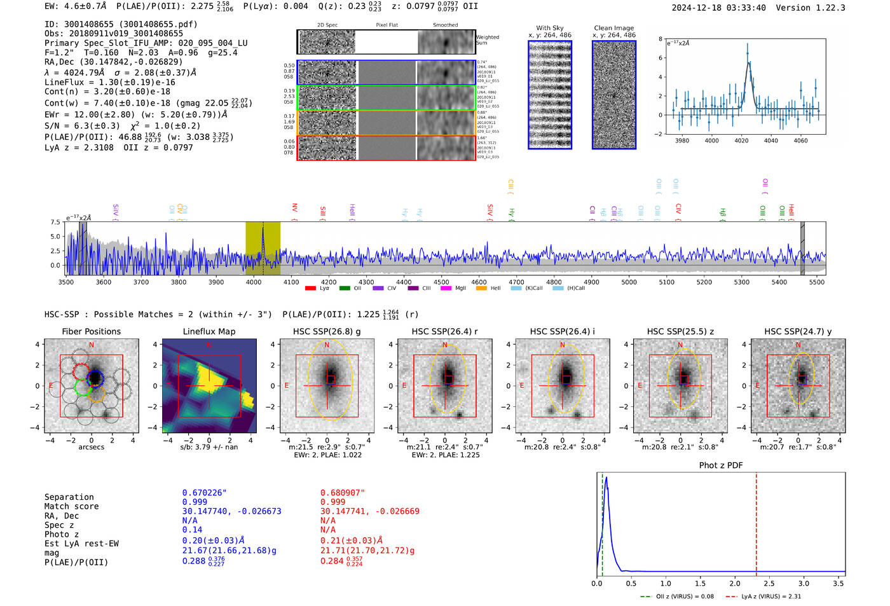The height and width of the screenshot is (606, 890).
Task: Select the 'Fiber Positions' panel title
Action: point(91,331)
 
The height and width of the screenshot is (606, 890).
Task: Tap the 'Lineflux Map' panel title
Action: point(209,331)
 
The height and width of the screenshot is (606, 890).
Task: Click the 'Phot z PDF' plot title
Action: point(721,465)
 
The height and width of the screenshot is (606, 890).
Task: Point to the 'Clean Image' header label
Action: point(613,28)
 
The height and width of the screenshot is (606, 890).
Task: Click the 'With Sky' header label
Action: point(549,28)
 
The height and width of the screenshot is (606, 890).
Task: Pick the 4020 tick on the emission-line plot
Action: point(741,141)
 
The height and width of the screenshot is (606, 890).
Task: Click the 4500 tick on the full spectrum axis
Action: point(441,282)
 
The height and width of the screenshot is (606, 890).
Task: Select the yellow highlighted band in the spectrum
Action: point(263,248)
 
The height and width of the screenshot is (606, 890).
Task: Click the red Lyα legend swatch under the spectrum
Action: point(310,288)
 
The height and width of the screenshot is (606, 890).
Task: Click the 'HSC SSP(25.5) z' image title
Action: point(680,331)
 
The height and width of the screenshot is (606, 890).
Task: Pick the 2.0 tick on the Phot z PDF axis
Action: point(735,583)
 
